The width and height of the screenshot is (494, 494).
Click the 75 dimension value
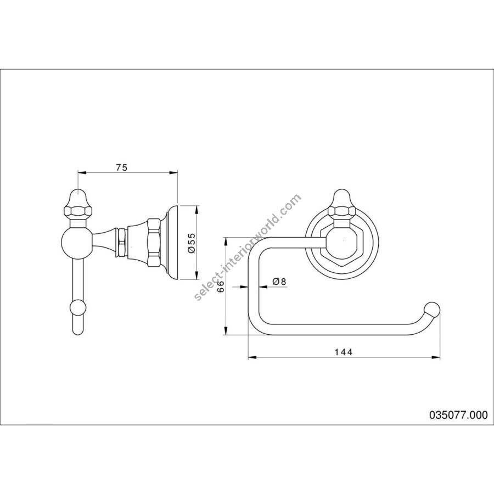(x=122, y=167)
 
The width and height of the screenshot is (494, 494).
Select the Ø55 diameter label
(x=192, y=243)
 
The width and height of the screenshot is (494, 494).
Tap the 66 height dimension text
(x=221, y=287)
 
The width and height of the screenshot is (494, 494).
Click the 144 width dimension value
(x=344, y=352)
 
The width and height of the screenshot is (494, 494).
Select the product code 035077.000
(x=458, y=415)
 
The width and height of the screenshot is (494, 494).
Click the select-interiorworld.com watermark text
(x=248, y=247)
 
